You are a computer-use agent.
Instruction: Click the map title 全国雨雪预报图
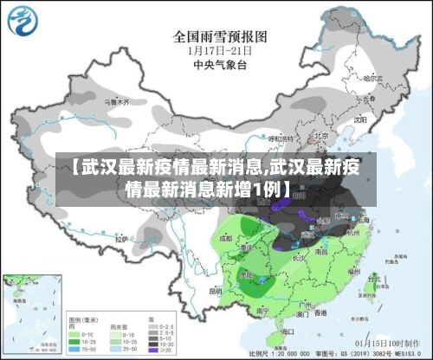(x=219, y=35)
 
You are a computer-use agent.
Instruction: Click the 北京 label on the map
(x=320, y=136)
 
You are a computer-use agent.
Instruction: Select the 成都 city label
(x=227, y=235)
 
